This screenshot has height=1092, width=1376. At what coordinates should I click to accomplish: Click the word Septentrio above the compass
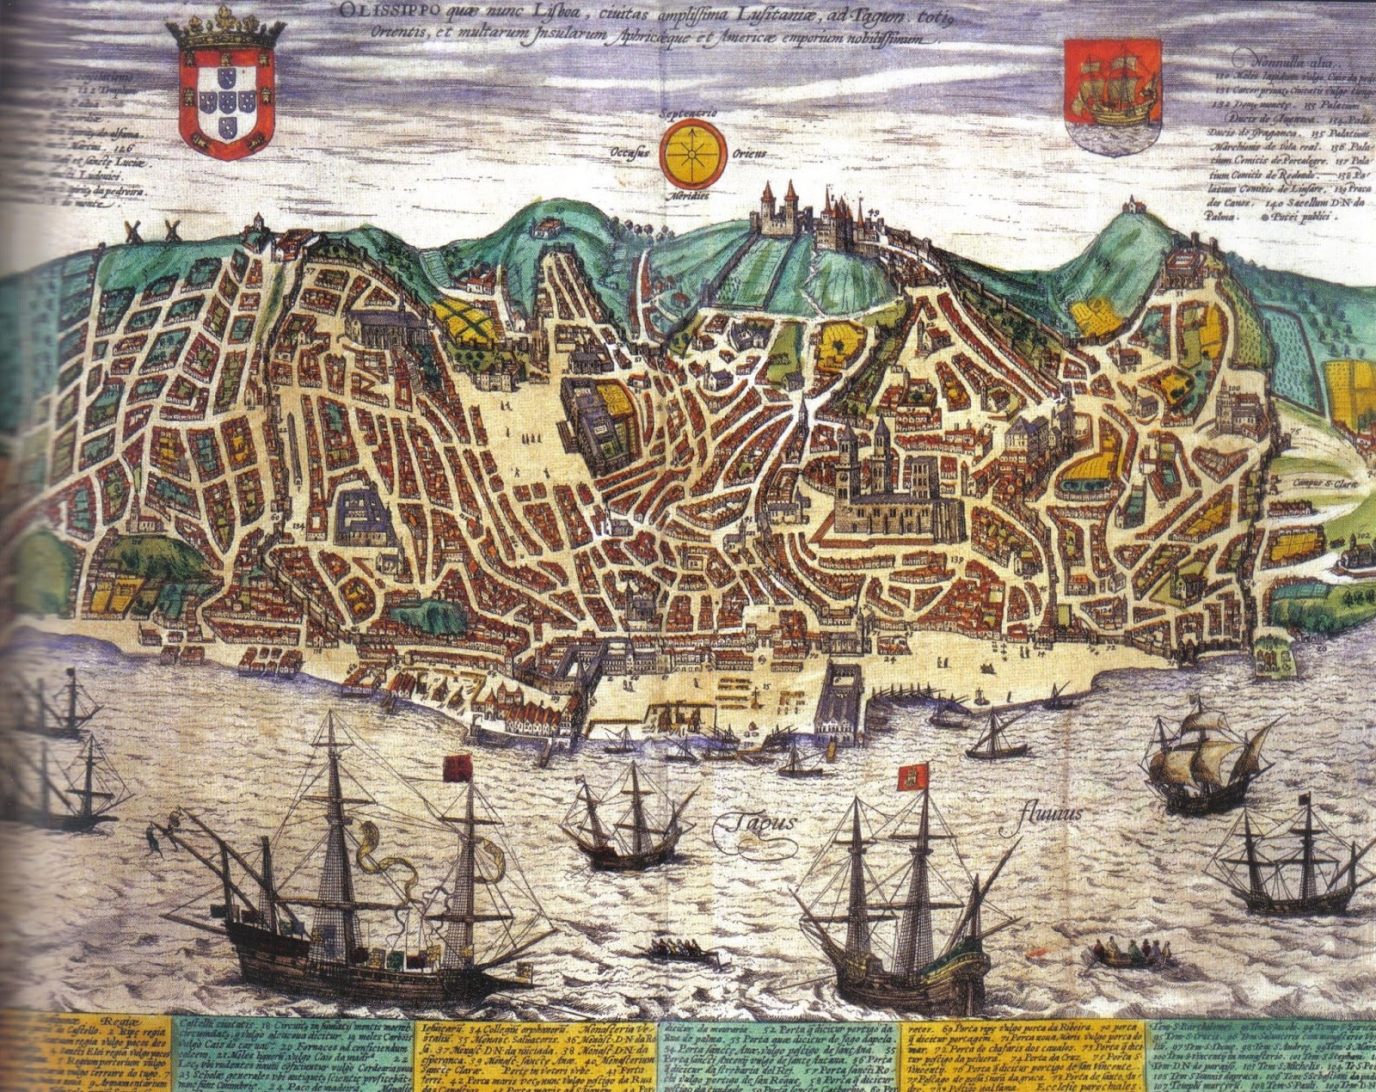pos(688,113)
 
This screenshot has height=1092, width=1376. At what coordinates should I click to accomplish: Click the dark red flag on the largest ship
pos(458,767)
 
